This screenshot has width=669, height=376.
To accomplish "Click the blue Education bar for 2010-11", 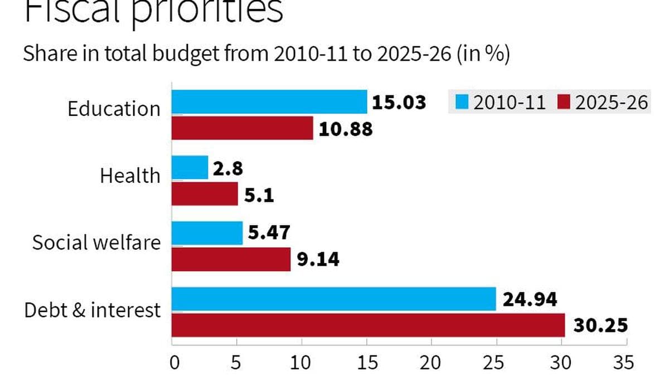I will click(x=269, y=102).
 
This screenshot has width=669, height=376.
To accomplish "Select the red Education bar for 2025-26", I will click(x=242, y=128).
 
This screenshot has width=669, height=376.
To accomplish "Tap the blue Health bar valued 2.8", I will click(x=190, y=168).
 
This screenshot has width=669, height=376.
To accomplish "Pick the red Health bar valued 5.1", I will click(x=204, y=194).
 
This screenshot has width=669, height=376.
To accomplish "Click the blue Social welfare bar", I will click(x=207, y=233).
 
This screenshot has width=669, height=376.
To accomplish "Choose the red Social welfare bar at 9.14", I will click(x=231, y=259).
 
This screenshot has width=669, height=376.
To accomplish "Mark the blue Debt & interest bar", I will click(x=333, y=299).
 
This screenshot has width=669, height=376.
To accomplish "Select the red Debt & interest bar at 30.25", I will click(x=368, y=325).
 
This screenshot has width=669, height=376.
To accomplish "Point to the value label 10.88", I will click(x=346, y=129).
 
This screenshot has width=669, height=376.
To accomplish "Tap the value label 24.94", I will click(x=530, y=300).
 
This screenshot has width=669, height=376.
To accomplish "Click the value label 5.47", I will click(x=269, y=233).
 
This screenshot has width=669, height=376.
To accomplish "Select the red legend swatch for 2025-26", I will click(x=564, y=103).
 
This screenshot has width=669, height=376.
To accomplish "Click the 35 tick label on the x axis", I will click(x=622, y=362).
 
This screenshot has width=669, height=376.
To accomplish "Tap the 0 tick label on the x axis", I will click(x=174, y=362).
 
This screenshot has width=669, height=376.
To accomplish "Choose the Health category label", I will click(x=130, y=176).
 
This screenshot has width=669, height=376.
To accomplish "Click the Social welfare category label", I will click(x=96, y=243).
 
